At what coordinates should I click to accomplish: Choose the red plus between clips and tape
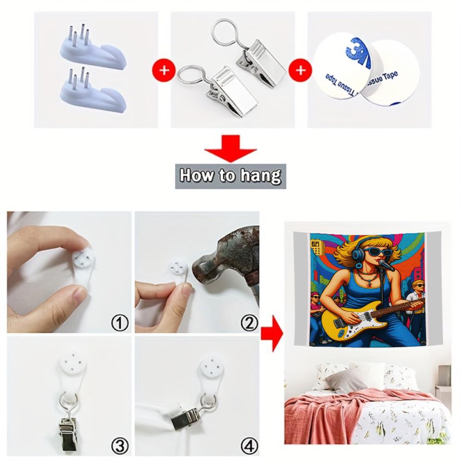click(300, 71)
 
